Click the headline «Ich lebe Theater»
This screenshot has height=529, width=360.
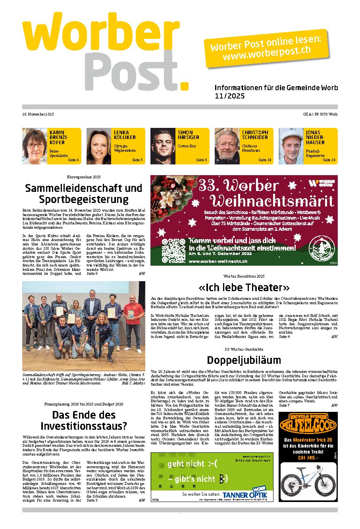[x=244, y=287]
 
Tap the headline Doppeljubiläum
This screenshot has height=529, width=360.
[x=244, y=360]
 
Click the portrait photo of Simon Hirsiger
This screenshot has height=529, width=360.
[x=163, y=146]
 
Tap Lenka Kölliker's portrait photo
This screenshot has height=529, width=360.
[x=99, y=146]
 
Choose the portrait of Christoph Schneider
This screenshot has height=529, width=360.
[x=227, y=146]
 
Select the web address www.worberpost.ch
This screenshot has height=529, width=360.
[x=267, y=52]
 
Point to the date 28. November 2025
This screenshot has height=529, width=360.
[x=38, y=114]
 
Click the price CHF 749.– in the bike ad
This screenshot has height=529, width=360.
[x=308, y=458]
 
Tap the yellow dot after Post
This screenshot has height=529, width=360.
[x=184, y=85]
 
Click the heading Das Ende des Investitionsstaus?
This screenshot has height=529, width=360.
[x=84, y=420]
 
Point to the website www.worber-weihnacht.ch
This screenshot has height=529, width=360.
[x=218, y=261]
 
